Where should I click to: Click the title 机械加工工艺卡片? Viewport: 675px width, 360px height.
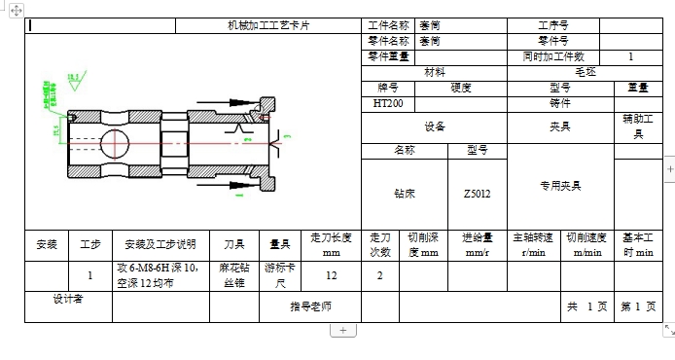268,26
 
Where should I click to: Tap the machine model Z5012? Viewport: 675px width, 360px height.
478,194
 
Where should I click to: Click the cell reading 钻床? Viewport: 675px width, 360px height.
404,194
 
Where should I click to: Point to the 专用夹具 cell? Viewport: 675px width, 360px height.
559,185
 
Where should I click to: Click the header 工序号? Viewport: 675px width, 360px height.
552,26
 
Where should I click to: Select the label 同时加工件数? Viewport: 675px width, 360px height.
552,56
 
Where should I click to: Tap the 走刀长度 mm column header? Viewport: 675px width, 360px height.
331,245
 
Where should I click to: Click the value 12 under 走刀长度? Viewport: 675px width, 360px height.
331,275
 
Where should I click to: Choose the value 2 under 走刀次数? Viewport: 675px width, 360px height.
379,275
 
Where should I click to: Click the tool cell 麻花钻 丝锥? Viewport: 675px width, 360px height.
234,275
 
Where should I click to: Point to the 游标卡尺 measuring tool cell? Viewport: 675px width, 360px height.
279,275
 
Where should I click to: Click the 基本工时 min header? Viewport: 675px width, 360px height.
638,245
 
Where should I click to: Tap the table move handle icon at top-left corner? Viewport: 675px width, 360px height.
16,11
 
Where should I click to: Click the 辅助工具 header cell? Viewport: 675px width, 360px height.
638,126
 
